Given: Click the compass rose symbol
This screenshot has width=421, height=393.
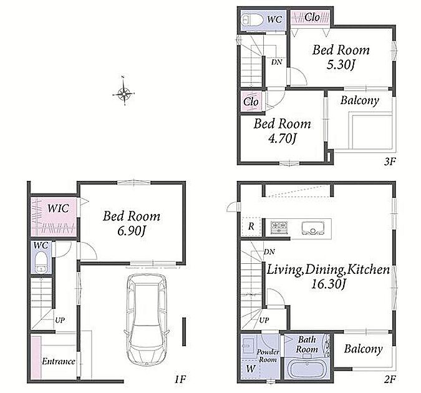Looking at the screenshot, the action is (123, 93).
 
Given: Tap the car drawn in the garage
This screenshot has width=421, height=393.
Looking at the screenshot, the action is (147, 319).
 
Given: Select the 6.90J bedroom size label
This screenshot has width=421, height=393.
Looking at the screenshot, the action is (132, 231).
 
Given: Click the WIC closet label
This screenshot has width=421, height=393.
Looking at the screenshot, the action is (58, 208).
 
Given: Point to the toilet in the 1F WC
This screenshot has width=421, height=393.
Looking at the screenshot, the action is (41, 263).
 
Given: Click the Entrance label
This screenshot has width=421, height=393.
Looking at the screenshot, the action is (58, 361).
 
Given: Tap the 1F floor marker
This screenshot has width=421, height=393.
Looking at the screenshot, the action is (180, 379).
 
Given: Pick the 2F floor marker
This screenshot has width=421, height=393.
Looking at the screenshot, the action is (390, 379).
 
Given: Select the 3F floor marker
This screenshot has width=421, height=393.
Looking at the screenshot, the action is (390, 162).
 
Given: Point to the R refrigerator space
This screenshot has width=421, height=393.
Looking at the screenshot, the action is (251, 226).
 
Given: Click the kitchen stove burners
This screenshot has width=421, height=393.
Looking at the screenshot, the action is (279, 227).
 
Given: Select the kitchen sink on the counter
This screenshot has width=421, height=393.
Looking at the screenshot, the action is (312, 228).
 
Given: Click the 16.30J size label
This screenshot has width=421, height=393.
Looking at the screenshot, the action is (327, 284).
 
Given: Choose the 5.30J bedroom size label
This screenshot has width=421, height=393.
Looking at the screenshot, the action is (341, 64).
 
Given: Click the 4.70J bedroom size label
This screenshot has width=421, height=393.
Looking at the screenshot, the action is (282, 138).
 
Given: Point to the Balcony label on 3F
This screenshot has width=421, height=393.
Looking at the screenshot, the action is (359, 100).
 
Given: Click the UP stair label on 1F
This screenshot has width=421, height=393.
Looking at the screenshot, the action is (60, 320).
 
